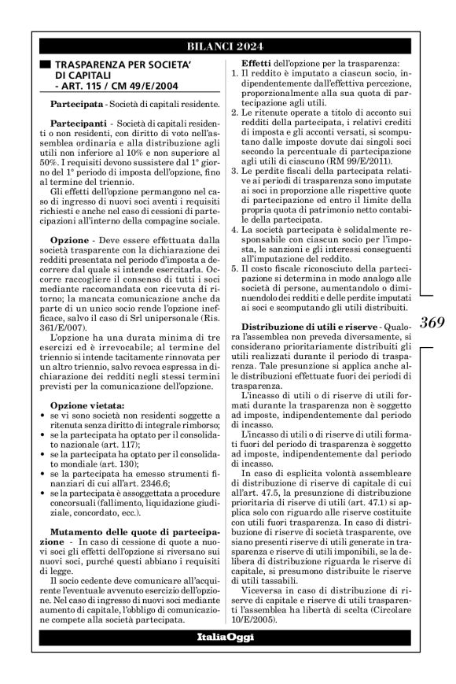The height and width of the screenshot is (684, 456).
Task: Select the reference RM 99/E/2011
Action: click(x=348, y=176)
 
